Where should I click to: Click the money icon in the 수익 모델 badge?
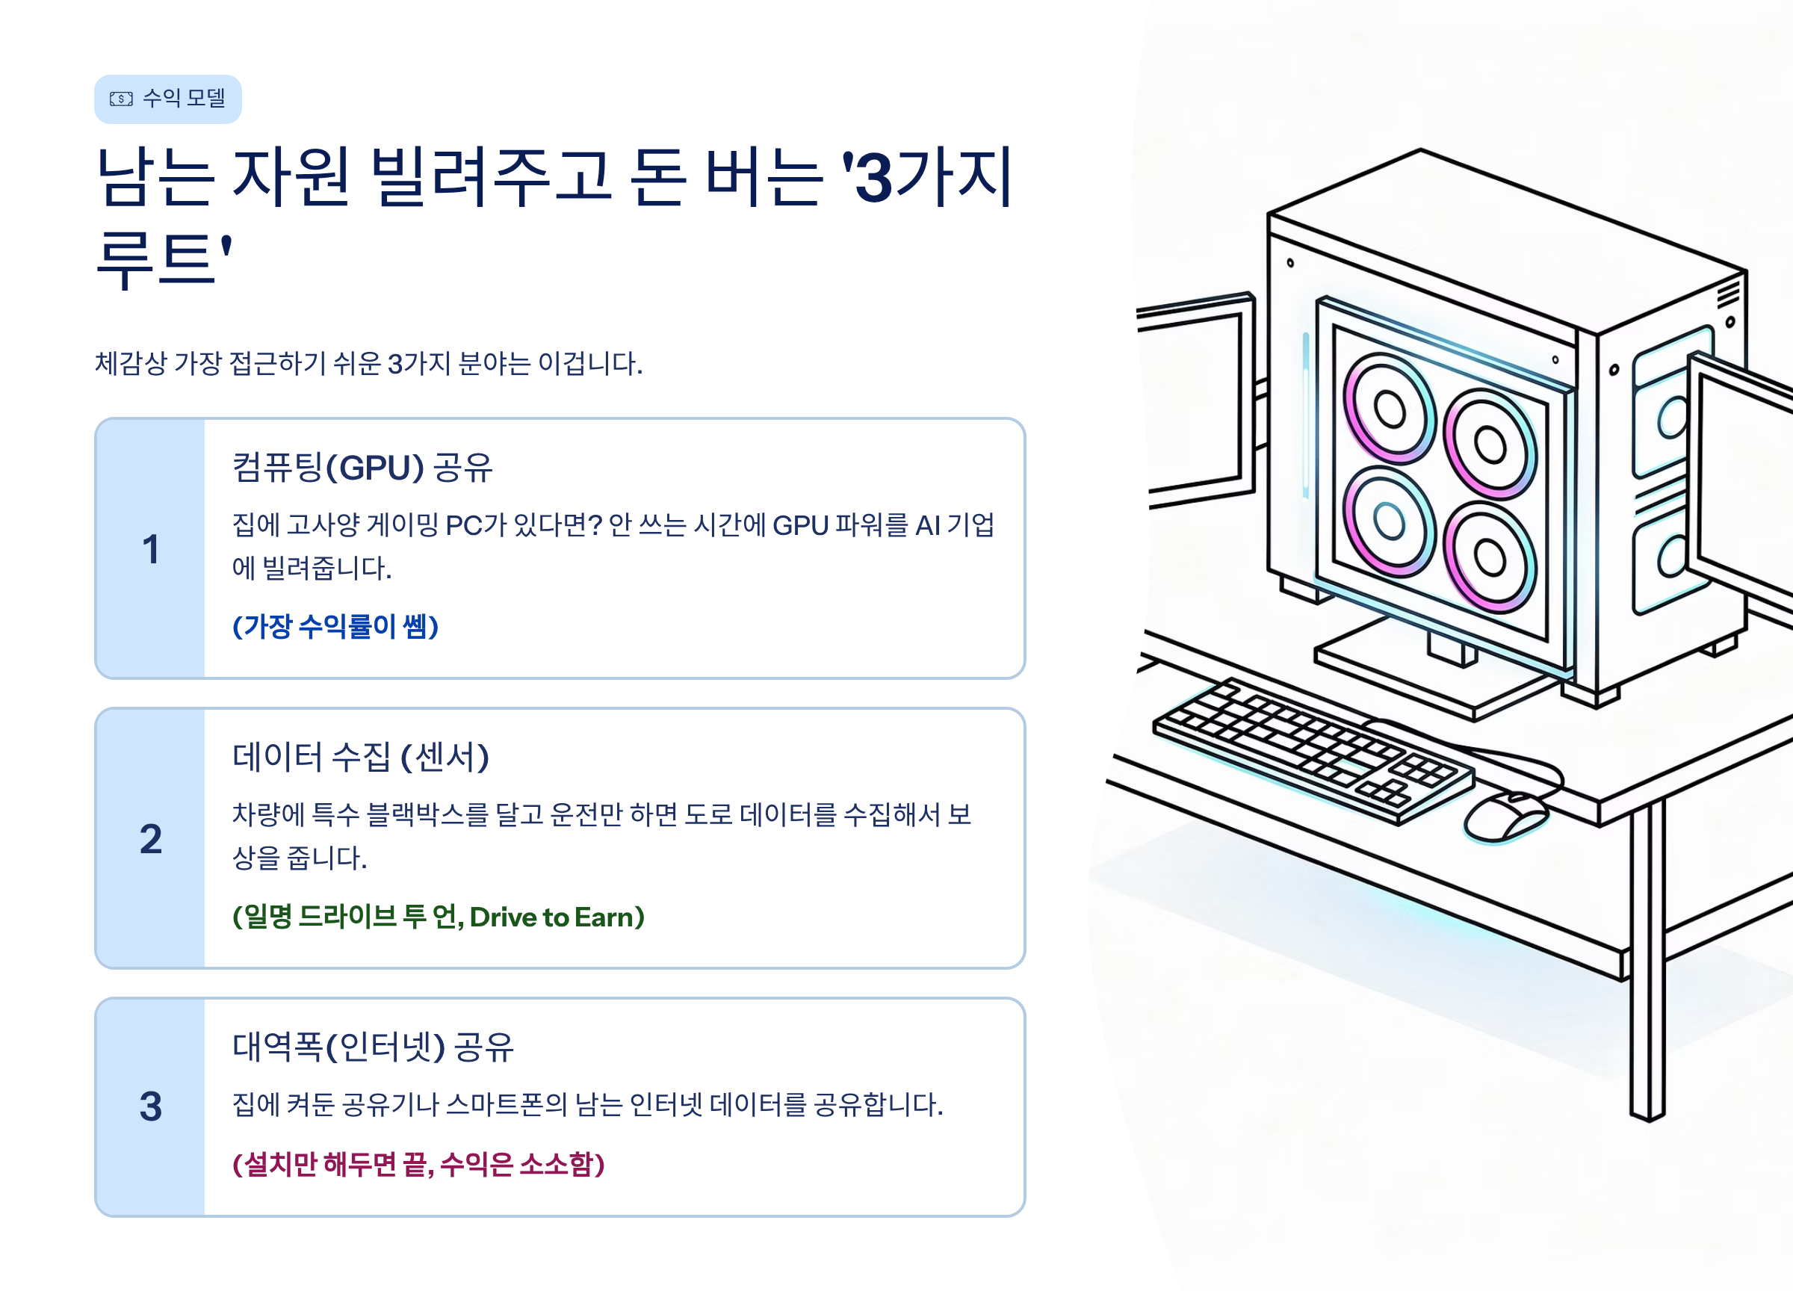point(121,99)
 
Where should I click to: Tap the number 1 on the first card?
point(150,549)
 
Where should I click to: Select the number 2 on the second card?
point(150,839)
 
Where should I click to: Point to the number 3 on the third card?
point(150,1106)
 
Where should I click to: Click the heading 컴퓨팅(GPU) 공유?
point(362,467)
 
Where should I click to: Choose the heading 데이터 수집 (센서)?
point(361,757)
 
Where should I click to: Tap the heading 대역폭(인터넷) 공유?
point(372,1047)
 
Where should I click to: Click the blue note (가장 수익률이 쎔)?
point(335,626)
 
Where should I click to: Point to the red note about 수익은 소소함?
point(418,1164)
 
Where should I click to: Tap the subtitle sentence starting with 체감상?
point(368,364)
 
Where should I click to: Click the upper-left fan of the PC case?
point(1389,408)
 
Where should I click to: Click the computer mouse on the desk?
point(1505,816)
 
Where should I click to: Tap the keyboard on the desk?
point(1313,751)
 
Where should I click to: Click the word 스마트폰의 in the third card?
point(506,1104)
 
